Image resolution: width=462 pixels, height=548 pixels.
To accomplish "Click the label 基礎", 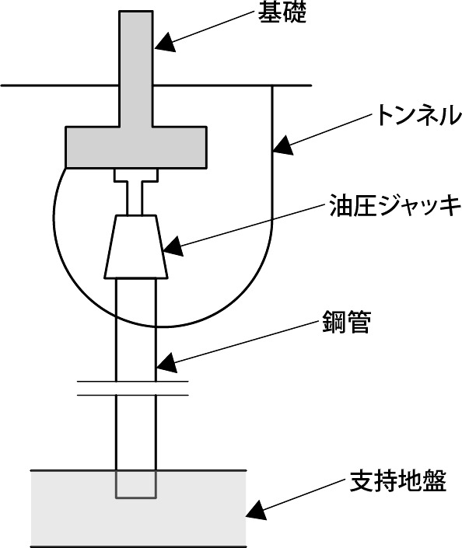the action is click(x=282, y=13).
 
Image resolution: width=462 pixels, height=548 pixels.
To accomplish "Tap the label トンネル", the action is click(x=418, y=115).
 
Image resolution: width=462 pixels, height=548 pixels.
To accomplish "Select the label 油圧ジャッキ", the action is click(x=396, y=206).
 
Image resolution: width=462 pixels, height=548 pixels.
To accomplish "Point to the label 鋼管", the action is click(x=346, y=323).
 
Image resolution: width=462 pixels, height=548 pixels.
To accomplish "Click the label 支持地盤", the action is click(x=398, y=481).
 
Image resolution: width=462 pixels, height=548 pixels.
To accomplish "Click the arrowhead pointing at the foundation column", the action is click(x=165, y=43).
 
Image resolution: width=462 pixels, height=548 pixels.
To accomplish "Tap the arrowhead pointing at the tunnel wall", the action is click(x=283, y=145).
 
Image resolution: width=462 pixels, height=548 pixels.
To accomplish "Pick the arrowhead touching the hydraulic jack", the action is click(x=173, y=246).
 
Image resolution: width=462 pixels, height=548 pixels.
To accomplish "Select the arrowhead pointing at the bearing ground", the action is click(x=257, y=510).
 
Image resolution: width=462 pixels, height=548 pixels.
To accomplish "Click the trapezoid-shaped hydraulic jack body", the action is click(x=136, y=246).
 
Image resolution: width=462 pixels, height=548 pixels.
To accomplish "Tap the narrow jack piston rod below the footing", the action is click(x=135, y=198).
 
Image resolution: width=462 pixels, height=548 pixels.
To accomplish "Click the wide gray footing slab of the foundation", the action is click(x=136, y=147).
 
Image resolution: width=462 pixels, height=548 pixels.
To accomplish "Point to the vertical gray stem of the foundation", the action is click(x=136, y=68).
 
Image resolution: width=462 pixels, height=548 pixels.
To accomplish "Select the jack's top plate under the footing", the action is click(x=136, y=176).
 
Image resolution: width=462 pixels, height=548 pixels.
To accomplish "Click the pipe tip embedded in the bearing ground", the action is click(x=136, y=484).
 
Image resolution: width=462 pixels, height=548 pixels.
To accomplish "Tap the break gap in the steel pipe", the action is click(x=133, y=389).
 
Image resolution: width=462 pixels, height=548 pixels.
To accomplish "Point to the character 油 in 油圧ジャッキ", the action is click(x=341, y=206).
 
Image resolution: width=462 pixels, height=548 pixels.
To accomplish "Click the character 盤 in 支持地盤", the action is click(x=435, y=481).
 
